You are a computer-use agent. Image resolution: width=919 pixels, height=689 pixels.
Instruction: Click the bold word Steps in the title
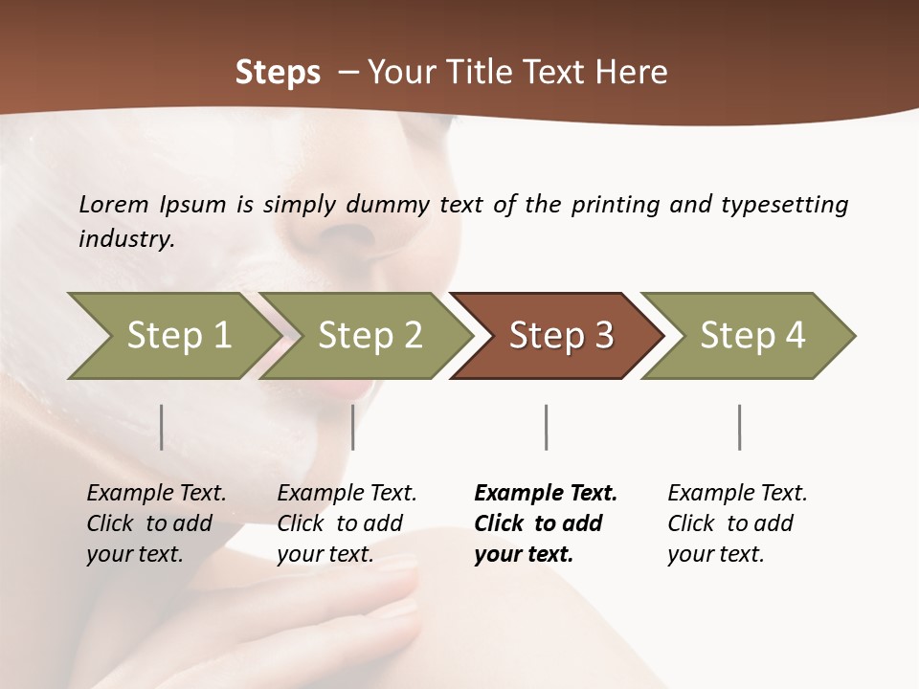pyautogui.click(x=278, y=73)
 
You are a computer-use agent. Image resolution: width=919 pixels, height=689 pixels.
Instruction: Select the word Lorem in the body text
pyautogui.click(x=114, y=205)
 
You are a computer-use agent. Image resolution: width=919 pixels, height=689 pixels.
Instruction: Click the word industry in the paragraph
pyautogui.click(x=125, y=239)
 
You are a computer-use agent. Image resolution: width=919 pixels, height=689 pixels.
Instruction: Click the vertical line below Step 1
pyautogui.click(x=162, y=427)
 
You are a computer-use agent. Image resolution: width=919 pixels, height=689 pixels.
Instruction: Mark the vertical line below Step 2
pyautogui.click(x=353, y=427)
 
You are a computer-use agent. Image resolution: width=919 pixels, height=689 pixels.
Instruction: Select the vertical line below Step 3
pyautogui.click(x=547, y=427)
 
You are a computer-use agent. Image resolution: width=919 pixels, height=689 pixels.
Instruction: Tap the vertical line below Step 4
pyautogui.click(x=740, y=427)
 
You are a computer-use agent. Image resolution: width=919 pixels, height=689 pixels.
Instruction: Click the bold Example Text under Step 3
pyautogui.click(x=546, y=493)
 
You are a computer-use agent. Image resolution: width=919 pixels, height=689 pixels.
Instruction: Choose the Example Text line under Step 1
pyautogui.click(x=156, y=493)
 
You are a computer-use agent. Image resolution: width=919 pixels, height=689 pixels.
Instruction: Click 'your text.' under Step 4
pyautogui.click(x=715, y=554)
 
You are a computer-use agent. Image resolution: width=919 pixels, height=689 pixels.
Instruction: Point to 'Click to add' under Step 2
pyautogui.click(x=340, y=523)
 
